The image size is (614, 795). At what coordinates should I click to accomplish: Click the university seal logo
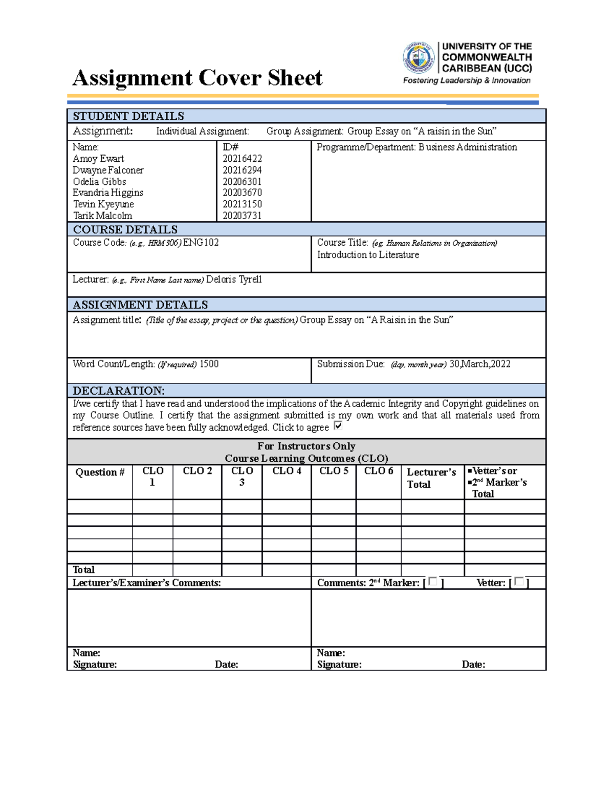[419, 58]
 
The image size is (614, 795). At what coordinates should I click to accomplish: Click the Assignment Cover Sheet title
[197, 78]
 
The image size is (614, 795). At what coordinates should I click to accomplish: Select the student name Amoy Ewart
[98, 159]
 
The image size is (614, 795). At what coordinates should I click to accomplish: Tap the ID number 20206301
[242, 182]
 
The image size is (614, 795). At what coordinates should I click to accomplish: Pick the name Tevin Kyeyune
[103, 204]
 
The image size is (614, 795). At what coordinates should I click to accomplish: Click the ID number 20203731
[242, 216]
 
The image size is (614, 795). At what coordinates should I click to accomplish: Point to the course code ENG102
[201, 243]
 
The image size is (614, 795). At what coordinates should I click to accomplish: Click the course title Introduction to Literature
[368, 255]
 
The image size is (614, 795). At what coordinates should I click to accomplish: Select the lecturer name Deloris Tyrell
[234, 280]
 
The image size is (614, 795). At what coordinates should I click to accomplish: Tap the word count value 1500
[209, 364]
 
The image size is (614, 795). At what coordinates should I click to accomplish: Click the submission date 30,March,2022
[479, 364]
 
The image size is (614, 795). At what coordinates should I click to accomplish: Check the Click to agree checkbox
[338, 426]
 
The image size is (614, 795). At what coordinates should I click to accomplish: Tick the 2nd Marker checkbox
[433, 582]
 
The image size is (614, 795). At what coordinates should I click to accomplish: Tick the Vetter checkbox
[519, 582]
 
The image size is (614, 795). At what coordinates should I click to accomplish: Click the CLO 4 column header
[287, 471]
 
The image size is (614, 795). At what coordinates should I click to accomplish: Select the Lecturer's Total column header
[431, 478]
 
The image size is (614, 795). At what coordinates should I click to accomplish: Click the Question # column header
[100, 472]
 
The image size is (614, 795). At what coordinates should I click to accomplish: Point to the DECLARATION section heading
[119, 391]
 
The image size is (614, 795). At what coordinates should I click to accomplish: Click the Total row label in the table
[83, 570]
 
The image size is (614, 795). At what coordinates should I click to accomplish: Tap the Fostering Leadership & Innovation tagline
[467, 80]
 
